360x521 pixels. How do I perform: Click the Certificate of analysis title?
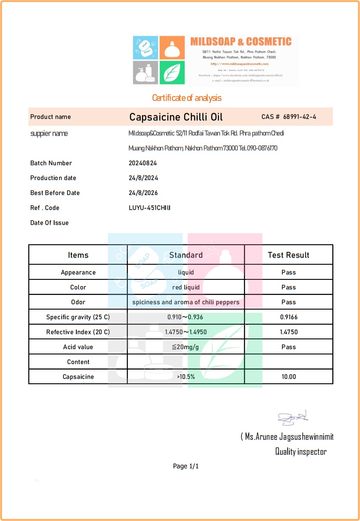tap(186, 98)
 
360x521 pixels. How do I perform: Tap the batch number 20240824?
tap(142, 163)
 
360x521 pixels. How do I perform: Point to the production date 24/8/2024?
tap(143, 178)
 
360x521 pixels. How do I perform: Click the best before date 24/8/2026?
tap(143, 193)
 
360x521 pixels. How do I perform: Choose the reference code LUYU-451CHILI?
tap(150, 208)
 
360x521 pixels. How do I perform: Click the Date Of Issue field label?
tap(49, 223)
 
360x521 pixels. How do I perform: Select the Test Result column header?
tap(289, 255)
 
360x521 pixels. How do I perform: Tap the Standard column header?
tap(186, 255)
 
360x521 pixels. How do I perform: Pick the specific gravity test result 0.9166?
tap(289, 317)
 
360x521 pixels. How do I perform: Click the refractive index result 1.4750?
tap(289, 332)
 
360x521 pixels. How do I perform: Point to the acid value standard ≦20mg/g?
tap(186, 347)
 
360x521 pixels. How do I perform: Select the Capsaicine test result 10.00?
tap(289, 377)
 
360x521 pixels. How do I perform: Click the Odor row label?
tap(78, 302)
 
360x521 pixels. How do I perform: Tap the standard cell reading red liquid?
tap(186, 287)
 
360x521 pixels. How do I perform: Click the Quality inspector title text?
tap(301, 452)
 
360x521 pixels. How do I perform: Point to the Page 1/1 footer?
tap(186, 466)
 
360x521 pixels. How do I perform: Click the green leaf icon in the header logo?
tap(172, 72)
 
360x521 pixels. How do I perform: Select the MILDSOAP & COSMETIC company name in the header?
tap(241, 42)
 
